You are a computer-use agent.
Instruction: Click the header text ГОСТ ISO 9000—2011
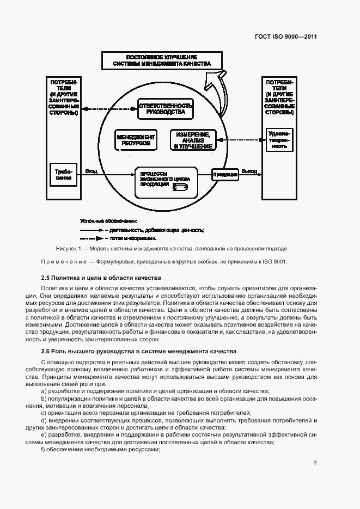(x=286, y=37)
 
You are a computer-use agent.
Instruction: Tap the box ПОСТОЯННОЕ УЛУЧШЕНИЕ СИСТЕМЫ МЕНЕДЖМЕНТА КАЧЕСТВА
(x=162, y=60)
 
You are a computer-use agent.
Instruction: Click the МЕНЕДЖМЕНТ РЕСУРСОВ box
(x=136, y=140)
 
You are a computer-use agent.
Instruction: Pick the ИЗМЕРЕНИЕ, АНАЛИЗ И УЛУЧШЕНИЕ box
(x=192, y=140)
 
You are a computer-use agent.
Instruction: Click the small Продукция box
(x=225, y=174)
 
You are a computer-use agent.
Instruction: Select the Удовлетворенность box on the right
(x=279, y=140)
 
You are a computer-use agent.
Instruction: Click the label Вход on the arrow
(x=91, y=171)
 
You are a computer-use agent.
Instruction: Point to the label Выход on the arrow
(x=249, y=171)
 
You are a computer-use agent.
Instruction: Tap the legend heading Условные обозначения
(x=108, y=221)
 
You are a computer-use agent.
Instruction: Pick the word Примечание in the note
(x=64, y=262)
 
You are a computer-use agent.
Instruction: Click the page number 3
(x=315, y=463)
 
